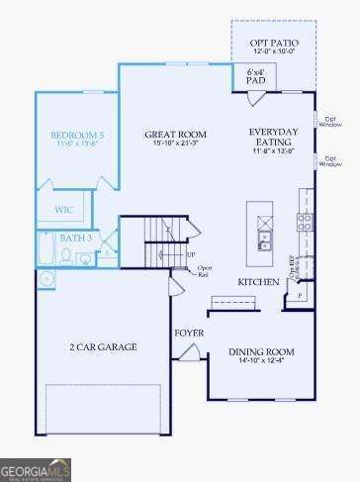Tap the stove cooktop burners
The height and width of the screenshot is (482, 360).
click(306, 222)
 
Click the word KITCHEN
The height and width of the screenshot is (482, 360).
click(256, 282)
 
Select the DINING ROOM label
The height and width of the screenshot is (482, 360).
click(261, 351)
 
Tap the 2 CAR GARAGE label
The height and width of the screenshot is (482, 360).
click(103, 346)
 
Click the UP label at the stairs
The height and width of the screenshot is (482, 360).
click(191, 254)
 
